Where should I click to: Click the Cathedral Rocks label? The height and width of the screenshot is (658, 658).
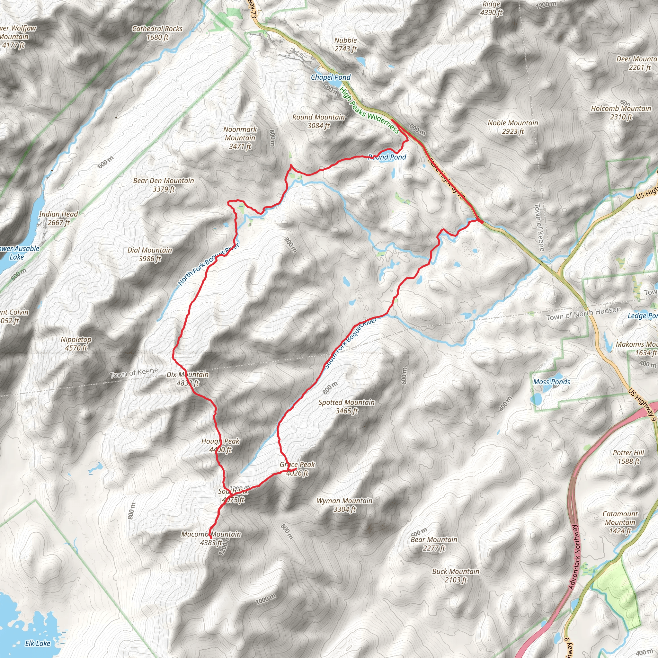click(x=157, y=33)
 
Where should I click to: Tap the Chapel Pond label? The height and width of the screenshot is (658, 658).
click(x=330, y=77)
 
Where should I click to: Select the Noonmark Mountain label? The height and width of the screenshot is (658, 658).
click(x=240, y=138)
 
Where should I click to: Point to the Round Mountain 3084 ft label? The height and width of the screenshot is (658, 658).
click(x=318, y=121)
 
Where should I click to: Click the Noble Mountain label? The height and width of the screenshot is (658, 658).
click(x=512, y=127)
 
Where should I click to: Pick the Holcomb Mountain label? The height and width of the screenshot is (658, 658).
click(x=620, y=113)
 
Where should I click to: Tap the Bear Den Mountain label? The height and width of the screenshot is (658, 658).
click(x=164, y=185)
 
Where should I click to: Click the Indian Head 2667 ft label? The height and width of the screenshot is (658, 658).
click(x=58, y=218)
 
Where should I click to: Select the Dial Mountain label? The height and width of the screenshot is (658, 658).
click(x=150, y=254)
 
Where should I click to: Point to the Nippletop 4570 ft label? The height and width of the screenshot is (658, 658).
click(x=76, y=343)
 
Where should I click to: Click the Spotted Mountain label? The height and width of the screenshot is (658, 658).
click(x=346, y=406)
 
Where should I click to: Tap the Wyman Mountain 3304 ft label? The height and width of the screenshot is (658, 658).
click(x=344, y=505)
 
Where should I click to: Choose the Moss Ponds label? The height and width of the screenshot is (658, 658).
click(x=551, y=382)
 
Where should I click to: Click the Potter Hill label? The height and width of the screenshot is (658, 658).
click(x=628, y=457)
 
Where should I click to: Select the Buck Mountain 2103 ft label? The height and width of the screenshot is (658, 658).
click(x=455, y=575)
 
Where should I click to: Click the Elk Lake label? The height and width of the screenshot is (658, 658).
click(x=38, y=643)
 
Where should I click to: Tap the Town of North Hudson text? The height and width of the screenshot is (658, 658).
click(x=583, y=313)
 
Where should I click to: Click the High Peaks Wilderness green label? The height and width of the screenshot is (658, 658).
click(x=369, y=110)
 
